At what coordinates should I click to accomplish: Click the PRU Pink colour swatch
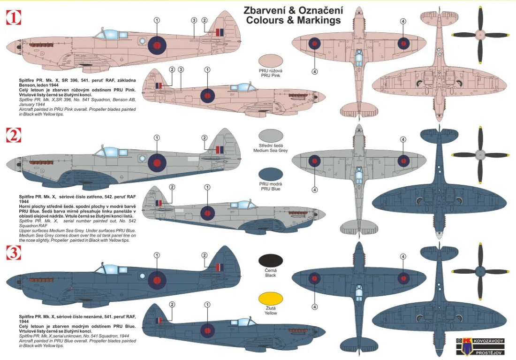pyautogui.click(x=271, y=61)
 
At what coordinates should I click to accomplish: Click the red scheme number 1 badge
pyautogui.click(x=13, y=18)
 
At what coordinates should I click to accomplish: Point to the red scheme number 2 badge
pyautogui.click(x=13, y=135)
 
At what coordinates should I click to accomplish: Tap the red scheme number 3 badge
pyautogui.click(x=13, y=253)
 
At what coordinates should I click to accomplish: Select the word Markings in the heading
pyautogui.click(x=319, y=21)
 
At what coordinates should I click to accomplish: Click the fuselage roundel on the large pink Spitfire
pyautogui.click(x=157, y=44)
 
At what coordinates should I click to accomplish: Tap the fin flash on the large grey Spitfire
pyautogui.click(x=218, y=150)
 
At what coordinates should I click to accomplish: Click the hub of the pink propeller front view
pyautogui.click(x=480, y=35)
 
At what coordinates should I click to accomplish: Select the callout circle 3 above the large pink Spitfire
pyautogui.click(x=194, y=20)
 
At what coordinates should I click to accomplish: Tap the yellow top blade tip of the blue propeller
pyautogui.click(x=480, y=245)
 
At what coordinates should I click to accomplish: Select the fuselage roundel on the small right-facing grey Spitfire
pyautogui.click(x=207, y=213)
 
